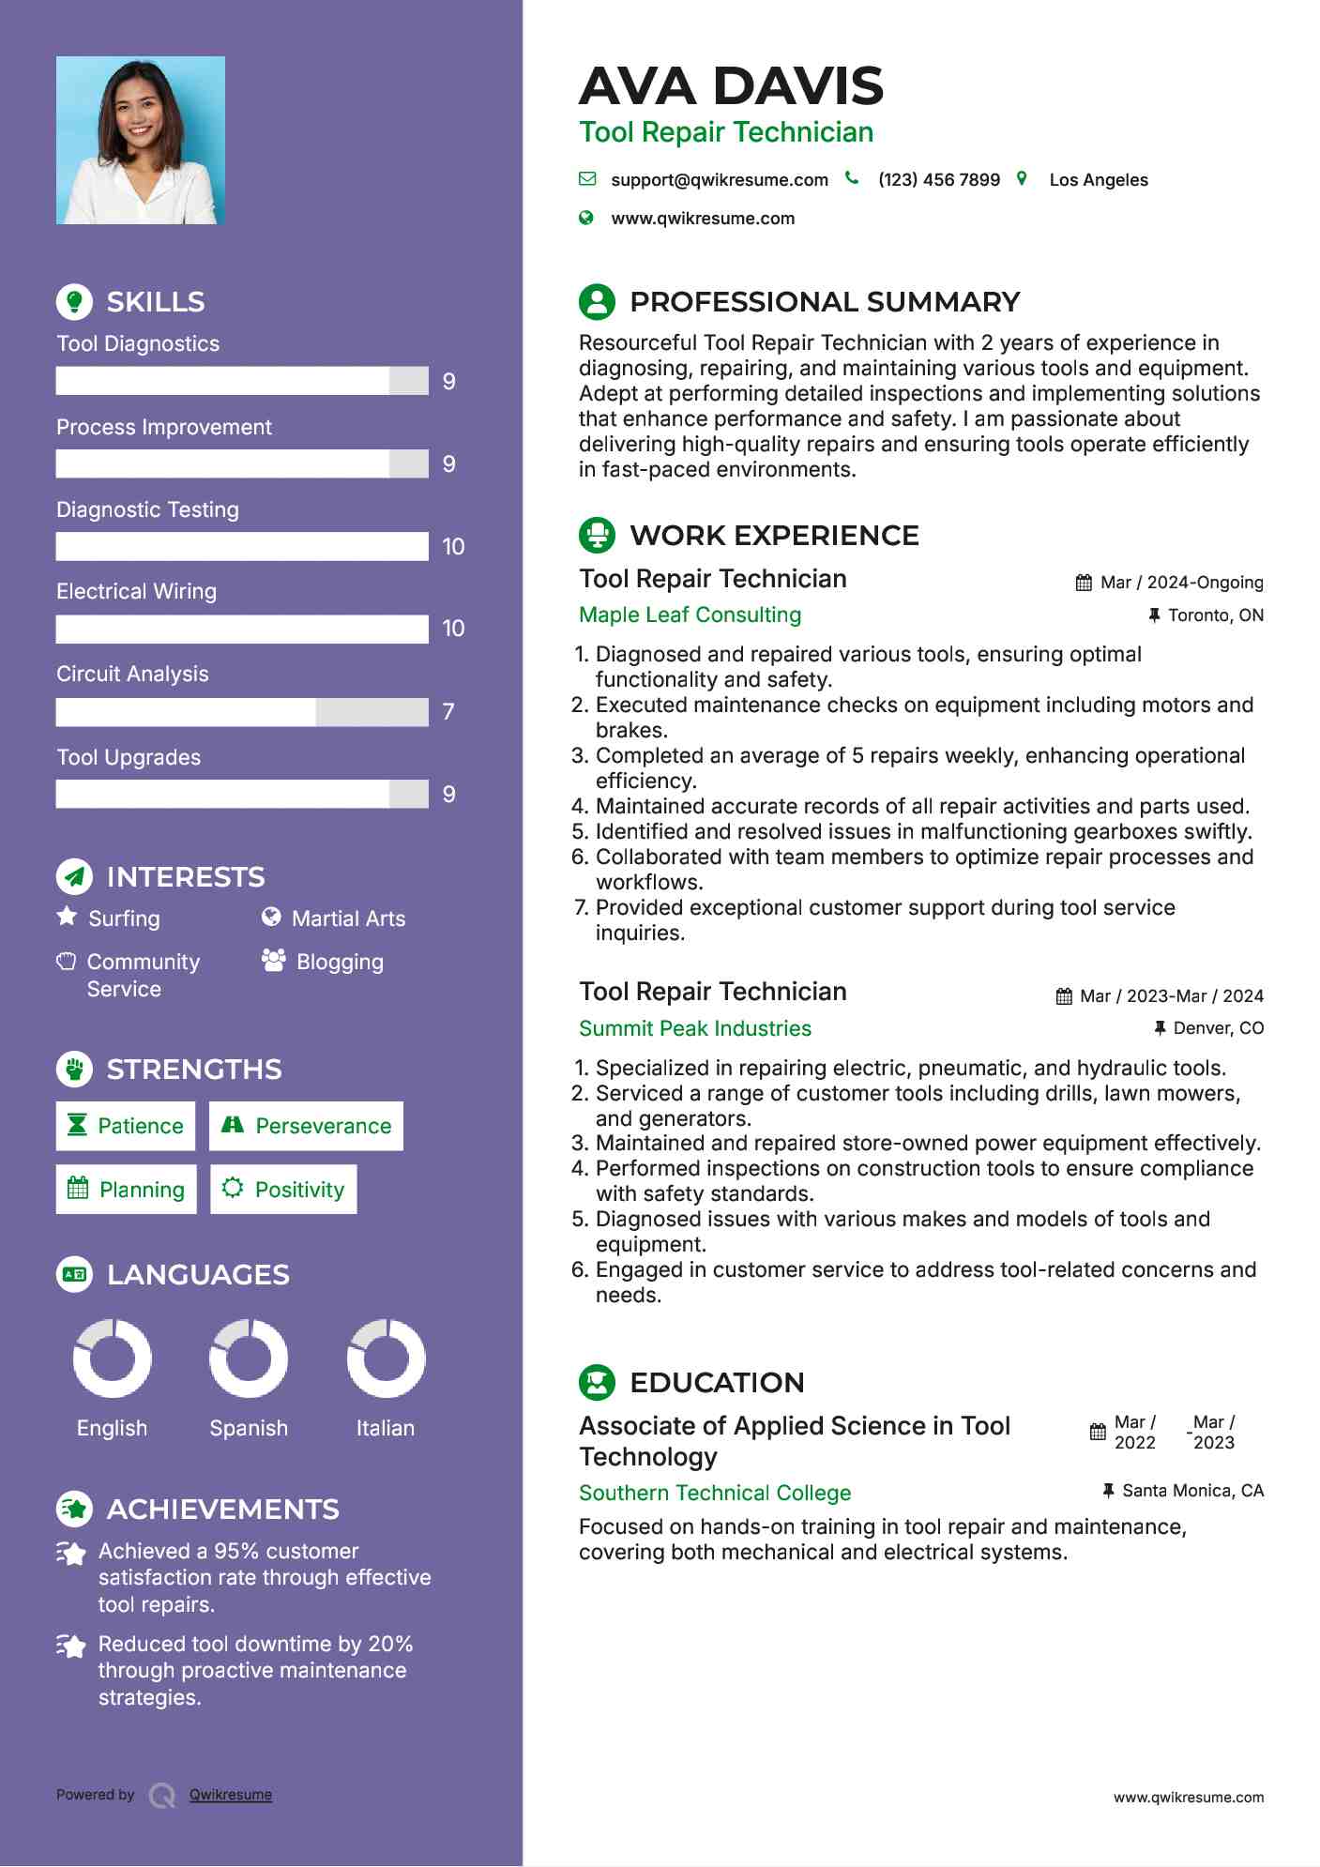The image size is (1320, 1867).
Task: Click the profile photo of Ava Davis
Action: point(141,141)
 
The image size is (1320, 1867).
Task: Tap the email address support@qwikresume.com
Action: point(719,180)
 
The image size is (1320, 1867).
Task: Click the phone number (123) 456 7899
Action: point(938,180)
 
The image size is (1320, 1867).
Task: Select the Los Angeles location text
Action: point(1098,180)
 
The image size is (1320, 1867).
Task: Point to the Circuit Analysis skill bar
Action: point(242,712)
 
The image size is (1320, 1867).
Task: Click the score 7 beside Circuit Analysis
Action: point(448,712)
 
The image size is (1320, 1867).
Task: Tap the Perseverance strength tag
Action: point(306,1126)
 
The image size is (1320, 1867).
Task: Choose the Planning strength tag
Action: point(127,1190)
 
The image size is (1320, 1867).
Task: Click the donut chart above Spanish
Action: point(249,1359)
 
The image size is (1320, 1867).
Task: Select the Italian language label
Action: point(385,1428)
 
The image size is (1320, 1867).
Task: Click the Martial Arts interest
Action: point(348,918)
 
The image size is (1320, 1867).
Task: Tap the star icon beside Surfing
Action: point(67,917)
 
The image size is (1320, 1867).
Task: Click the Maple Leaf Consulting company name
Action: point(690,615)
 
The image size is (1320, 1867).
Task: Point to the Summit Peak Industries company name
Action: point(694,1028)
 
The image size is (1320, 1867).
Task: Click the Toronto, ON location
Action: point(1215,615)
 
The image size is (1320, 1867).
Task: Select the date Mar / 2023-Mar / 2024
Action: point(1171,996)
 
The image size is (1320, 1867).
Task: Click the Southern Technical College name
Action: point(715,1493)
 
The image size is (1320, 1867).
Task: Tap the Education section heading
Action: point(717,1383)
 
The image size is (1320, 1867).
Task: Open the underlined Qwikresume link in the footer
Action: point(230,1795)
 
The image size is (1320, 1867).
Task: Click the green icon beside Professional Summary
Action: point(597,302)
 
